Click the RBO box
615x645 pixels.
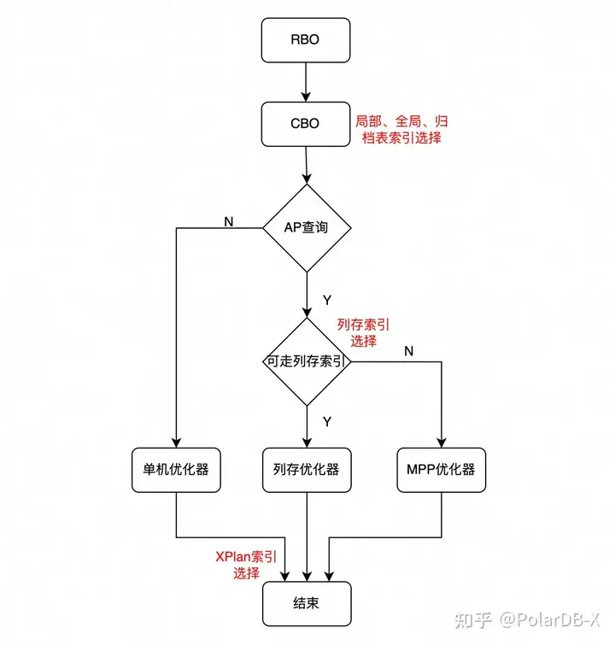(x=306, y=40)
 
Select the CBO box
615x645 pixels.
(x=306, y=124)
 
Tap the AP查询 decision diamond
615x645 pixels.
(x=306, y=228)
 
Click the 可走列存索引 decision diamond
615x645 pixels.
(x=306, y=361)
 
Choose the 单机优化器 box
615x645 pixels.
(x=176, y=469)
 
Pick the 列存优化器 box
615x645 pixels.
(x=306, y=469)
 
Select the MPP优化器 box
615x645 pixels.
(x=442, y=469)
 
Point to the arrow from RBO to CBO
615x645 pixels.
(x=306, y=82)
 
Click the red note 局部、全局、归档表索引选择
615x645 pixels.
(x=401, y=129)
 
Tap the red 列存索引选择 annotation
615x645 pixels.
(x=363, y=332)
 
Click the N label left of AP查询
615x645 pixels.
(x=228, y=221)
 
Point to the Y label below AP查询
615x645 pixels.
(x=326, y=300)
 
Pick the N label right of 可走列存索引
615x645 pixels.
(x=408, y=351)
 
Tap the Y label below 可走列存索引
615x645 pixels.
(x=326, y=421)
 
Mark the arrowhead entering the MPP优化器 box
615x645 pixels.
(x=442, y=442)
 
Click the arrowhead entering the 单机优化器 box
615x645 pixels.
(x=176, y=442)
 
